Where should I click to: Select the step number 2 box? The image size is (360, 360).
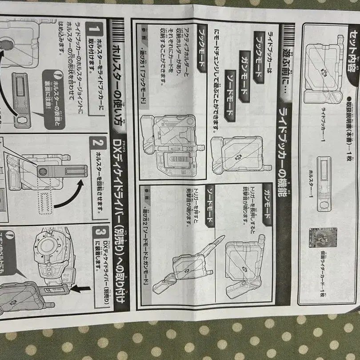[x=97, y=143]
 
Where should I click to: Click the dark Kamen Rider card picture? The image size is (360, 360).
[x=323, y=240]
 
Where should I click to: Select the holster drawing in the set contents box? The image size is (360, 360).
[x=324, y=183]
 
